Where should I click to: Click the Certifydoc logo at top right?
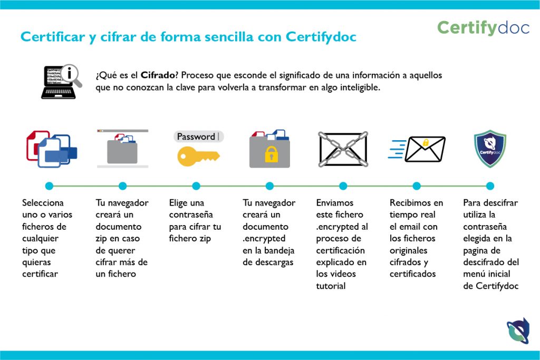click(x=483, y=28)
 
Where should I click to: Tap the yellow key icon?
click(x=198, y=156)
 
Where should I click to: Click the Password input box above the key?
click(x=199, y=137)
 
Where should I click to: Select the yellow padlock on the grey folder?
click(x=271, y=154)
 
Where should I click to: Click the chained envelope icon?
click(x=343, y=149)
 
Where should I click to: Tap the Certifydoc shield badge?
click(x=490, y=149)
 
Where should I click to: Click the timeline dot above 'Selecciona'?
click(x=49, y=186)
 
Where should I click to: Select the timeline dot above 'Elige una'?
click(x=196, y=186)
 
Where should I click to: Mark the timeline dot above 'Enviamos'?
click(x=343, y=186)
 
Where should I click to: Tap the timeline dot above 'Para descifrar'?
click(x=490, y=186)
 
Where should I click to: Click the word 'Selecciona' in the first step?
click(x=43, y=203)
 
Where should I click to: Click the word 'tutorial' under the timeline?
click(x=331, y=286)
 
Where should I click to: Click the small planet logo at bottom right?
click(x=518, y=331)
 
